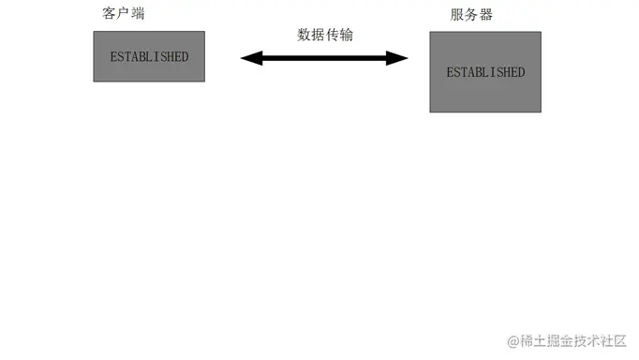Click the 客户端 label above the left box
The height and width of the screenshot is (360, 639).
(x=123, y=15)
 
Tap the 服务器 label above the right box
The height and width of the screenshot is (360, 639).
(x=471, y=15)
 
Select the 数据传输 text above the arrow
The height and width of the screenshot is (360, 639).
(x=325, y=35)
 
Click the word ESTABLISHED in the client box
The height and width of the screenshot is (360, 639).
(x=149, y=56)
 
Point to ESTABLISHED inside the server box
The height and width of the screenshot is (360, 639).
(x=485, y=72)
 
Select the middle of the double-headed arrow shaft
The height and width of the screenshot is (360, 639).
(x=325, y=58)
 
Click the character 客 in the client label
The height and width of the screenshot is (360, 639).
(x=109, y=15)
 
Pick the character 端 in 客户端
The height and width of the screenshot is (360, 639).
(x=138, y=15)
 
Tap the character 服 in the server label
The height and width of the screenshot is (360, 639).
(x=457, y=15)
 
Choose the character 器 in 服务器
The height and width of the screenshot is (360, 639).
(x=485, y=15)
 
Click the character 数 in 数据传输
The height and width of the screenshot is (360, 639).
(x=305, y=35)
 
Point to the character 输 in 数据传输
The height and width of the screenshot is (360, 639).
(x=347, y=35)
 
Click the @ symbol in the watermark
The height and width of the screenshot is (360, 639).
(x=513, y=339)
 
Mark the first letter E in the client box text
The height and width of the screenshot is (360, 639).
(x=113, y=56)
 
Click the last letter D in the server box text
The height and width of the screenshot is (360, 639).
(x=521, y=72)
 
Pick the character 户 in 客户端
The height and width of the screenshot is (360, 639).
(x=124, y=15)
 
